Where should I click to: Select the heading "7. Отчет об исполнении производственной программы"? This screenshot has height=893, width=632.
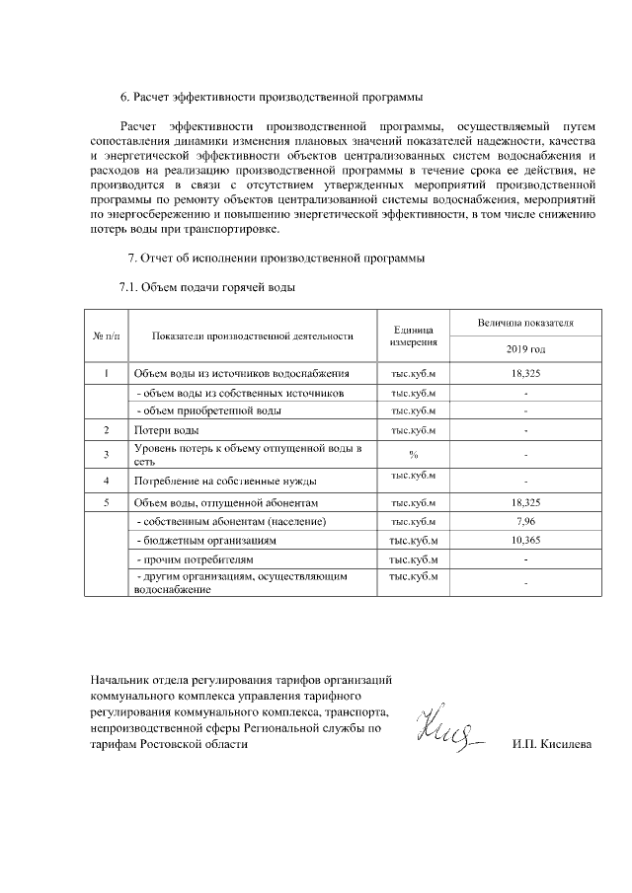click(x=276, y=259)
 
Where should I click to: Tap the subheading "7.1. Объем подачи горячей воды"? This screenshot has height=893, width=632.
click(x=206, y=287)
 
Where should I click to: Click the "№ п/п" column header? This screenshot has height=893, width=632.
click(x=106, y=335)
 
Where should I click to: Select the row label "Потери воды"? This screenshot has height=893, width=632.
click(x=167, y=431)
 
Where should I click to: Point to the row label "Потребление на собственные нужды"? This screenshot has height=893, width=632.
click(x=224, y=481)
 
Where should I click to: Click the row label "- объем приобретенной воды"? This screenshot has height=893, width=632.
click(x=209, y=410)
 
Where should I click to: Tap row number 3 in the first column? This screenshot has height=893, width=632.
click(x=106, y=454)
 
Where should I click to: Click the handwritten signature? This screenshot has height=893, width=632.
click(x=447, y=731)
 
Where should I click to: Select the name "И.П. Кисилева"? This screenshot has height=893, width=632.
click(x=552, y=744)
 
